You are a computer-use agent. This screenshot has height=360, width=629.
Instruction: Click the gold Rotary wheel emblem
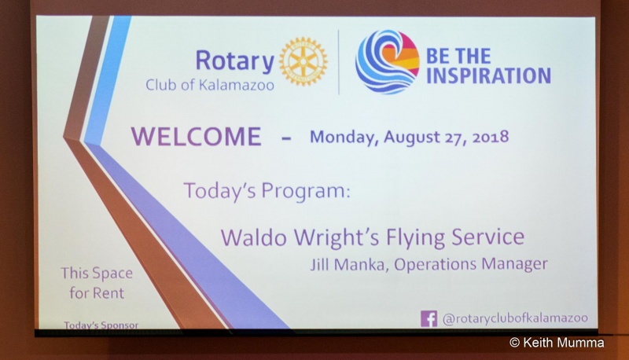click(x=303, y=61)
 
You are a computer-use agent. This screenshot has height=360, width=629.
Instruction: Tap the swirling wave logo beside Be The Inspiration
click(x=387, y=62)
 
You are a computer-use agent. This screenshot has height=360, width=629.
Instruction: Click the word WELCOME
click(x=196, y=137)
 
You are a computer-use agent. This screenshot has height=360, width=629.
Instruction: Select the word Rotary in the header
click(x=234, y=61)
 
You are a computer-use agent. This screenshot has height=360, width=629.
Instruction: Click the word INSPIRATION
click(x=488, y=75)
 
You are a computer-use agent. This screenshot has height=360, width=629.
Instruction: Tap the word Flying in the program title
click(x=415, y=237)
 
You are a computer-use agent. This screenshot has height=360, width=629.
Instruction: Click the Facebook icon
click(x=429, y=318)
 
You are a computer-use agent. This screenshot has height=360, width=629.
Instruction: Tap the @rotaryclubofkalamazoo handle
click(x=515, y=318)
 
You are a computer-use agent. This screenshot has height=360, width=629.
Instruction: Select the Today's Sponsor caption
click(x=101, y=325)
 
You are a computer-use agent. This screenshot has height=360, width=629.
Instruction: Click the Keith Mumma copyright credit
click(x=557, y=343)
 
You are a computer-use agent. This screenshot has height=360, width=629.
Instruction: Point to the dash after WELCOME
click(x=286, y=138)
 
